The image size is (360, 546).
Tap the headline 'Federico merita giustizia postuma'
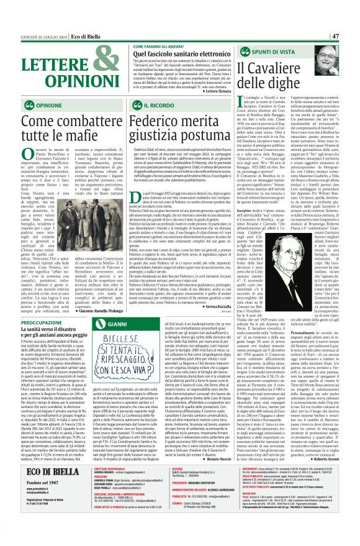coord(176,130)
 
